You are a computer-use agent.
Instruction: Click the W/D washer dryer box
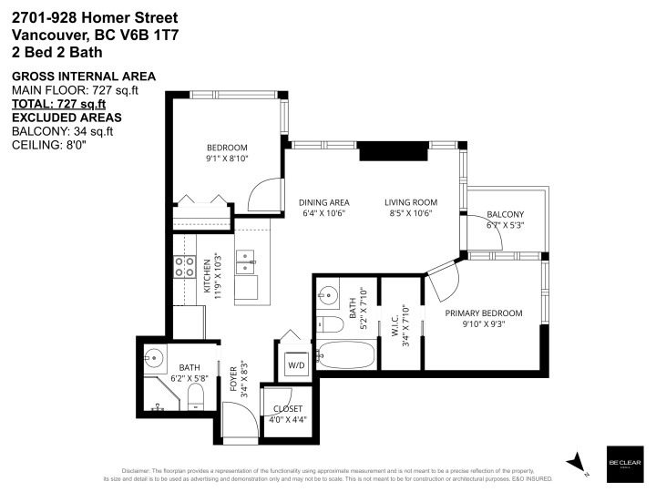point(297,365)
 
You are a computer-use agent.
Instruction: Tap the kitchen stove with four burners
point(185,266)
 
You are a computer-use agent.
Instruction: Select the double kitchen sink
point(246,264)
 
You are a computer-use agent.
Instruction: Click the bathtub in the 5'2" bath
point(345,355)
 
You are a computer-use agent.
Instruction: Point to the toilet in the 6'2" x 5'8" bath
point(194,394)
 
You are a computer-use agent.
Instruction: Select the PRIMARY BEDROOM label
point(484,313)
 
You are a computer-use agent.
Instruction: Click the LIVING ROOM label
point(410,202)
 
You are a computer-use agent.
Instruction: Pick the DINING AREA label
point(324,202)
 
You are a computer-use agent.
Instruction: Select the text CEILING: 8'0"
point(48,145)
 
